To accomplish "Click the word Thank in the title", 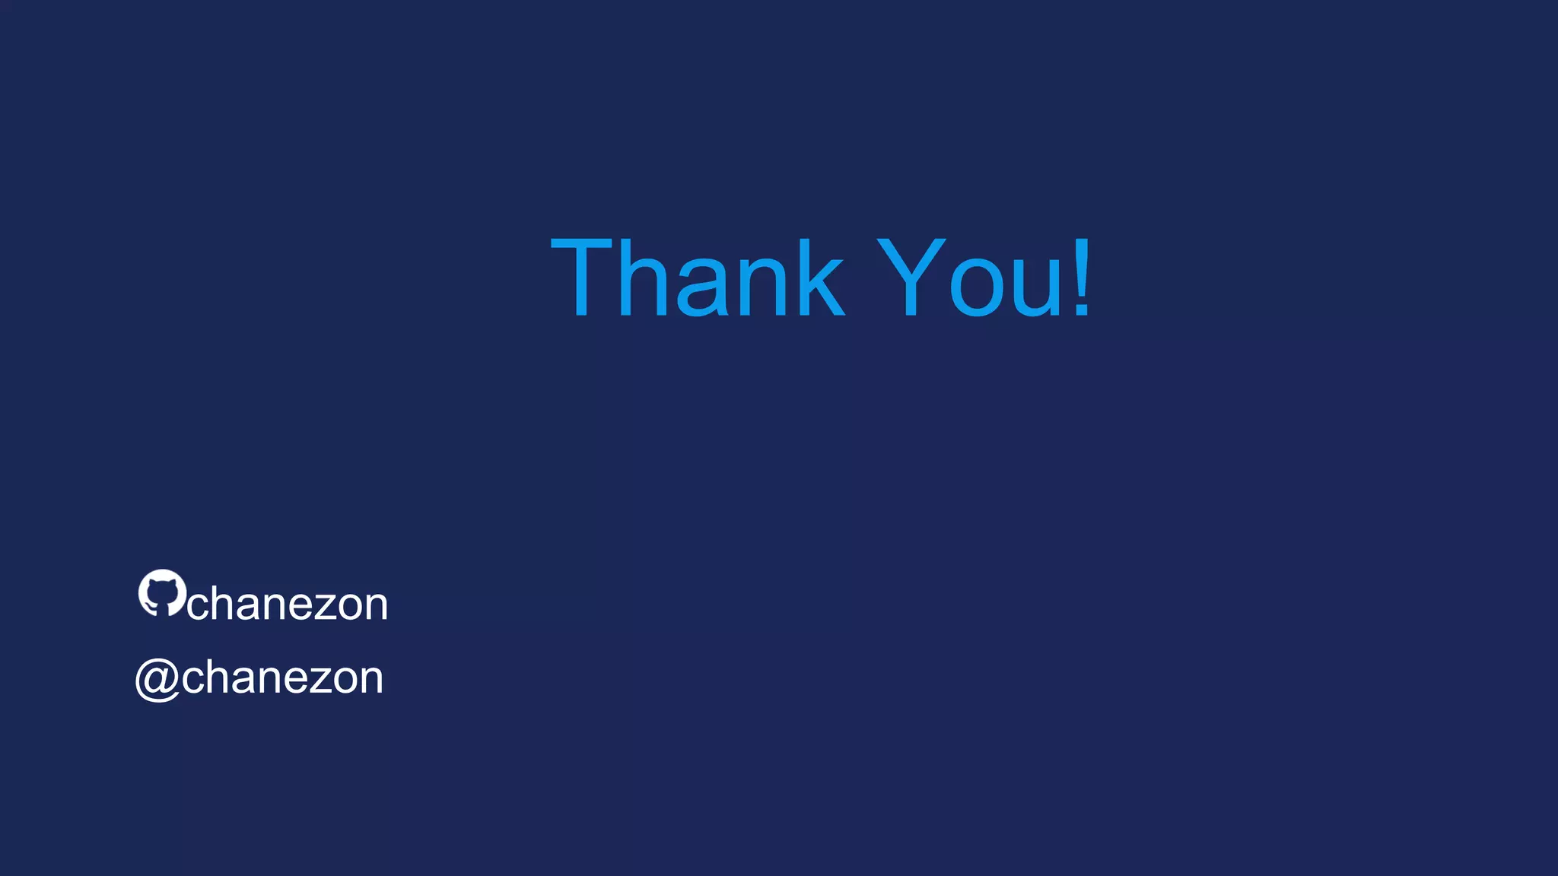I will coord(697,277).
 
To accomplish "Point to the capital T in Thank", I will coord(581,277).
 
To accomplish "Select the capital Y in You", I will coord(911,277).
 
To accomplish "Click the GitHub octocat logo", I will coord(162,592).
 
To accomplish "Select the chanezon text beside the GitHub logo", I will coord(288,605).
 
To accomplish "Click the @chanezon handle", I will coord(259,678).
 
